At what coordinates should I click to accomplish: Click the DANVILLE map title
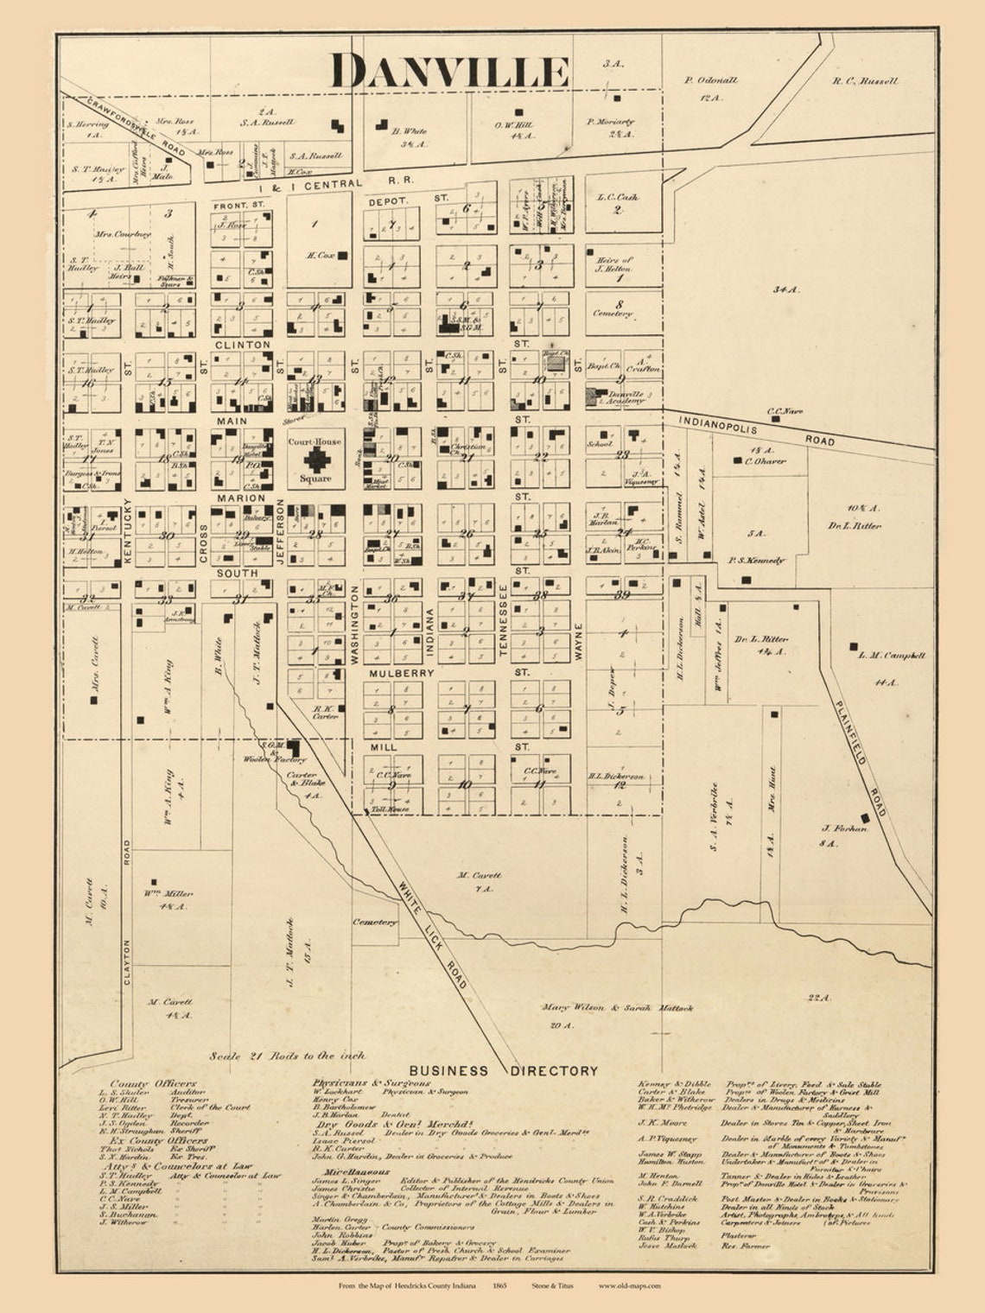point(450,71)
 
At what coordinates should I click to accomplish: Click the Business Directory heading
point(504,1070)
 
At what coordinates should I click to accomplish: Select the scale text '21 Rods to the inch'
point(288,1056)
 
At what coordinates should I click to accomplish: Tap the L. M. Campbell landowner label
point(892,656)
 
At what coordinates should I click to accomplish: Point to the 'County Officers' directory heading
point(153,1083)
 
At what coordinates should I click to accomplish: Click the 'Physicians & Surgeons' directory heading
point(371,1082)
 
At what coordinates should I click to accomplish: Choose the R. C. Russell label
point(865,81)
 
